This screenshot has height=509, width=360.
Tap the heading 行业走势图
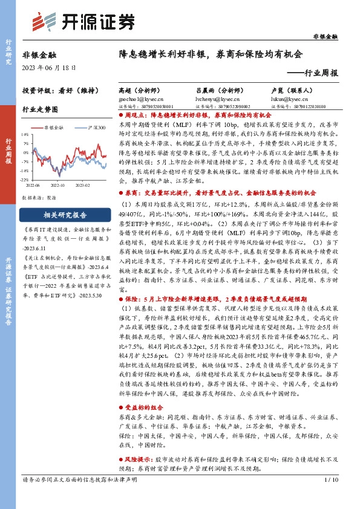coord(39,110)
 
